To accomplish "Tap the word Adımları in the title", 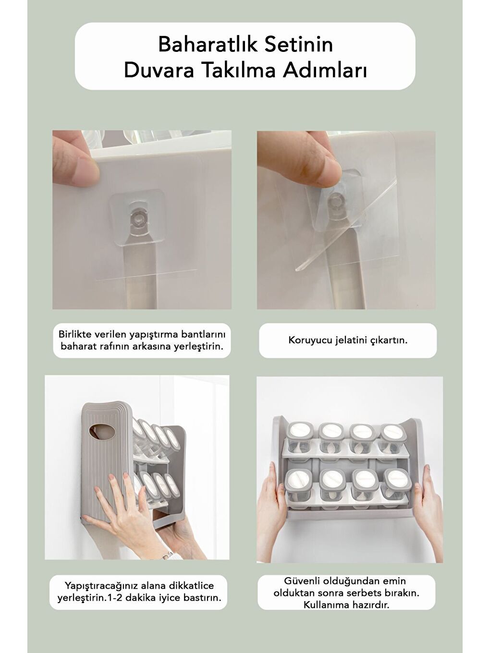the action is tap(325, 71).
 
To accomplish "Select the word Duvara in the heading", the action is tap(159, 71).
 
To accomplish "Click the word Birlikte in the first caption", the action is tap(74, 334).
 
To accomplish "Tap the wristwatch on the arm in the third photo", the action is tap(167, 556).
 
